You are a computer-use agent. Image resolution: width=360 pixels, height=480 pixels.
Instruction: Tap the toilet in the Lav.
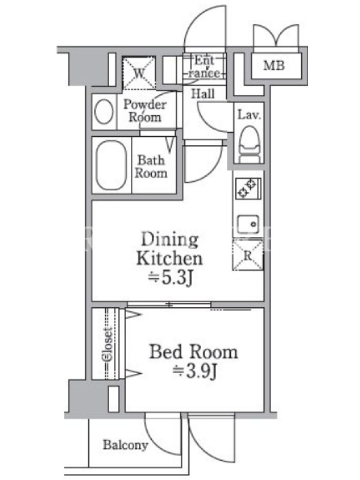[250, 144]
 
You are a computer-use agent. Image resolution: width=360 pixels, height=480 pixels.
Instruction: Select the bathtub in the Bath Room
[112, 166]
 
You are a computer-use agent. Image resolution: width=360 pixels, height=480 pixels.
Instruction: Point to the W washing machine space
[139, 73]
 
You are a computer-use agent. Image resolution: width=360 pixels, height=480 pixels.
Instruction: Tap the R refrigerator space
[248, 256]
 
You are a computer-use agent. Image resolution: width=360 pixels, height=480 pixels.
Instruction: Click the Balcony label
[125, 445]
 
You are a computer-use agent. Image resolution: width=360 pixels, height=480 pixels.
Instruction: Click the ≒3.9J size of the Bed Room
[194, 371]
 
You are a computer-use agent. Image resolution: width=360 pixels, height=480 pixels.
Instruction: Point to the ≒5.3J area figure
[170, 278]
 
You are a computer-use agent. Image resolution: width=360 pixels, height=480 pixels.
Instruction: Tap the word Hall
[203, 94]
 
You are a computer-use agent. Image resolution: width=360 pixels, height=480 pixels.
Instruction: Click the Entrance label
[204, 67]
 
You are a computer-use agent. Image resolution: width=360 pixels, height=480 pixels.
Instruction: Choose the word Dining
[170, 239]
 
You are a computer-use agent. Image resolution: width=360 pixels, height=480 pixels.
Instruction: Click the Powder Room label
[145, 110]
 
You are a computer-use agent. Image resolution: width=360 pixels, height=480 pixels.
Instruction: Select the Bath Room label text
[151, 166]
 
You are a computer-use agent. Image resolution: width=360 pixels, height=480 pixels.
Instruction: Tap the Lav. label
[249, 115]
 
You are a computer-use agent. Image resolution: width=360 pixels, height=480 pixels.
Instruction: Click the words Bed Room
[193, 352]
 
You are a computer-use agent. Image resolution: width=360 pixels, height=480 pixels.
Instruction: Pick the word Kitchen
[169, 259]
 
